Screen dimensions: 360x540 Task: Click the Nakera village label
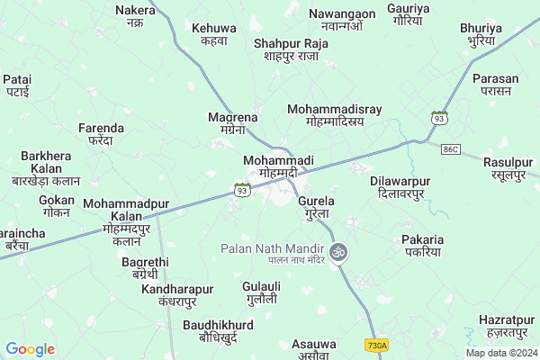click(x=136, y=15)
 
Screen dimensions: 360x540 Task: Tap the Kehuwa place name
click(x=214, y=34)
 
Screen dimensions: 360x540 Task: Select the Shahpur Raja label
click(x=291, y=49)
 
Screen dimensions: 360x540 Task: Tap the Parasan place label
click(x=496, y=85)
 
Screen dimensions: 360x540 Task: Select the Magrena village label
click(x=233, y=123)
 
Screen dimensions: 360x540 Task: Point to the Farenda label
click(x=94, y=134)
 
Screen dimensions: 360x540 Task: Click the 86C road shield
click(x=451, y=147)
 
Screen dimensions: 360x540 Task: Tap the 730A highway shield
click(x=377, y=345)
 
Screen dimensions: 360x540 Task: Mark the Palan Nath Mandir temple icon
click(x=339, y=251)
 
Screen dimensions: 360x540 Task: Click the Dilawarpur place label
click(x=400, y=187)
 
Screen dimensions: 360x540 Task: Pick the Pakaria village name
click(x=423, y=246)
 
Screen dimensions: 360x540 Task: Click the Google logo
click(x=30, y=349)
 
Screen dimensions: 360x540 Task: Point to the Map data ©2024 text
click(x=500, y=353)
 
